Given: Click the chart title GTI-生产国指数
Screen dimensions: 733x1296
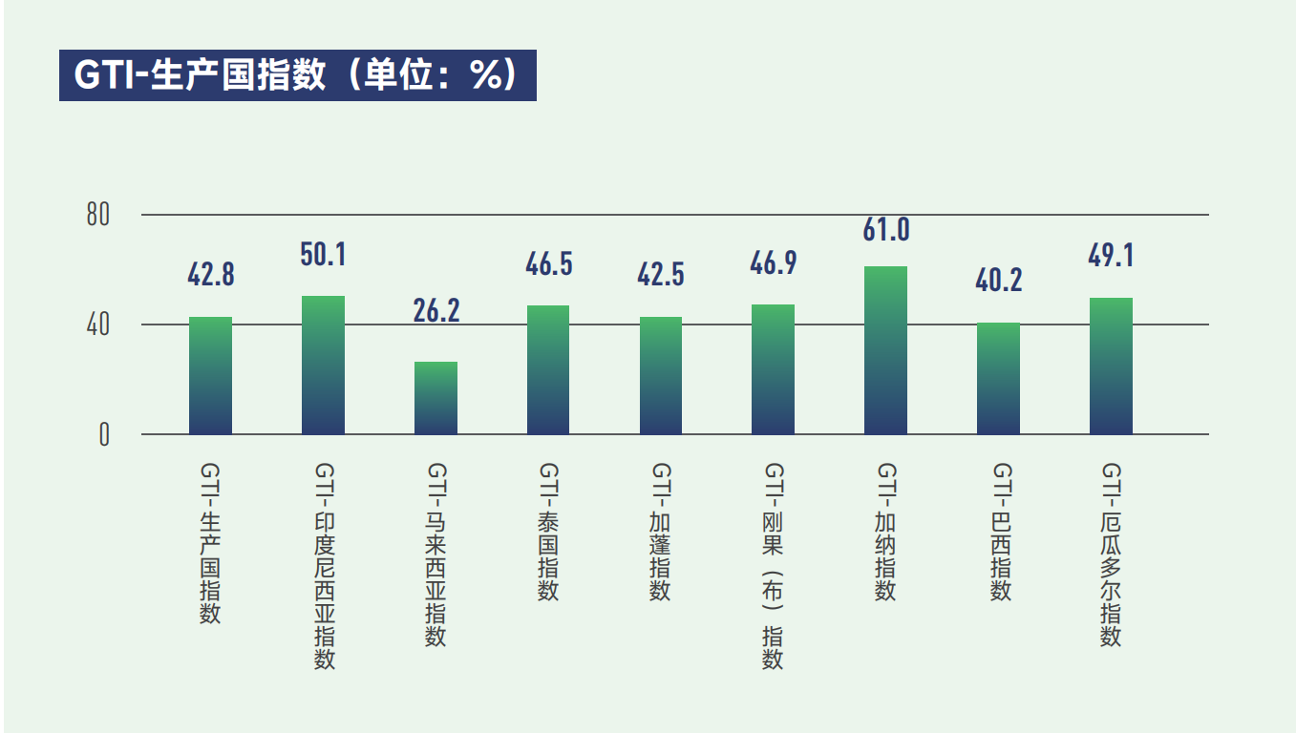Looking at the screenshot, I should (x=297, y=75).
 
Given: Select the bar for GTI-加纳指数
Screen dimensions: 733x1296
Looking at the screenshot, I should (x=885, y=350).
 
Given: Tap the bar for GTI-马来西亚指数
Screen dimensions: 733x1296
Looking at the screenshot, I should (x=436, y=398).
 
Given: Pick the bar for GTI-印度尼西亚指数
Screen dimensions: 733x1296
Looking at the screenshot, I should (x=323, y=365).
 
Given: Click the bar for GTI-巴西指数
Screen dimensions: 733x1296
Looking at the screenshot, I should (x=998, y=378).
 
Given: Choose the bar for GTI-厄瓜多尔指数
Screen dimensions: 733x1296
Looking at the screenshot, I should (x=1111, y=366).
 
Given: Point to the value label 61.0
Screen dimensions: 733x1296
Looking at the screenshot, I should (x=885, y=230).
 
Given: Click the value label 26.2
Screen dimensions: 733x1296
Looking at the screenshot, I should (x=436, y=312).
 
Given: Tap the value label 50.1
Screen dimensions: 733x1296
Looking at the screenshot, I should (x=323, y=255).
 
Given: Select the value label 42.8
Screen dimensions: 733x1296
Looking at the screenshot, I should (x=210, y=275).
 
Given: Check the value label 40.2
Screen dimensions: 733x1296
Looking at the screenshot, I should (x=998, y=281).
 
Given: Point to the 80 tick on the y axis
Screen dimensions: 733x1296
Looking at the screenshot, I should (x=98, y=216).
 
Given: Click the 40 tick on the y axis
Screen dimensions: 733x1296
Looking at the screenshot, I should (x=98, y=325).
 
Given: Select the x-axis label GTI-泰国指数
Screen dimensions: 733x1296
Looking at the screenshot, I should (x=548, y=532).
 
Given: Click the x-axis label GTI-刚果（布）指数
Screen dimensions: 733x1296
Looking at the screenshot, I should (x=773, y=566).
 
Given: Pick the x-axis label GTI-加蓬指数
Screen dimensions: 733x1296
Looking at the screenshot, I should (x=660, y=532).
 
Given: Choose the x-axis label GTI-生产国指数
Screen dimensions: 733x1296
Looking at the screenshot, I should (x=210, y=543).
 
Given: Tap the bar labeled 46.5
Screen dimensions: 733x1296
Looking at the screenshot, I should (x=548, y=369).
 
